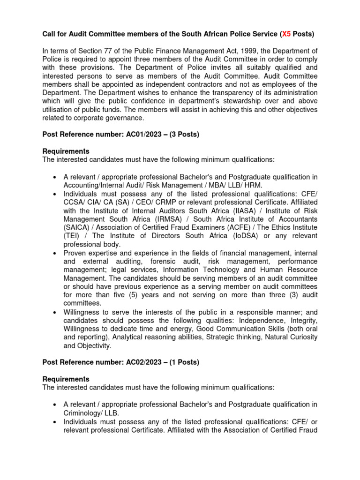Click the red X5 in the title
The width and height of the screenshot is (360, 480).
point(285,34)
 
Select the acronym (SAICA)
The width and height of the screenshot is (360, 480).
point(76,227)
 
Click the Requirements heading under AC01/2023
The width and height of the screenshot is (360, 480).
point(66,151)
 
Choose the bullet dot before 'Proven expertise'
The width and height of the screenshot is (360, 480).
point(54,253)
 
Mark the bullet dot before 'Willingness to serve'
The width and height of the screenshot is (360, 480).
point(54,312)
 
